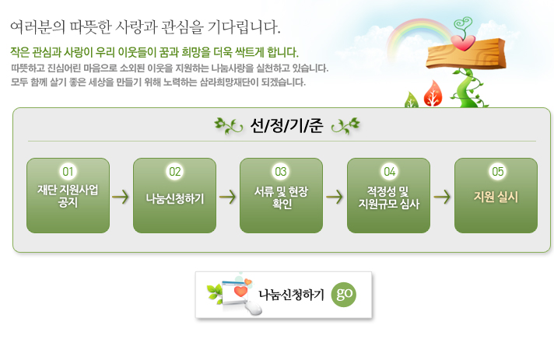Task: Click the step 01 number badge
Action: point(68,172)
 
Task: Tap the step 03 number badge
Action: point(281,172)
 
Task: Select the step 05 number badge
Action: point(497,172)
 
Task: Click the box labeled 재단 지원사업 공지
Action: point(68,195)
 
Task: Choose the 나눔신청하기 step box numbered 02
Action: point(174,195)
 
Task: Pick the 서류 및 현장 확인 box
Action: point(281,195)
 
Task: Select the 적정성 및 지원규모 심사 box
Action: point(388,195)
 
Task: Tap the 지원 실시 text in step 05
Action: point(496,197)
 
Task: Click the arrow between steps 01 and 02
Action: point(121,197)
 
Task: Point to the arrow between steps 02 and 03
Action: point(227,197)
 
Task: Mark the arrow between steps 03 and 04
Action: point(335,197)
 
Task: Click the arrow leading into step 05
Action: point(442,197)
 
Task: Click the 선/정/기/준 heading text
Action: point(286,126)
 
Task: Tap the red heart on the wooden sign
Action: point(463,42)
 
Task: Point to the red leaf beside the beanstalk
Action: point(433,93)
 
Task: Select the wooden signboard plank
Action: point(466,54)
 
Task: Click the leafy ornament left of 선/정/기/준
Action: point(229,126)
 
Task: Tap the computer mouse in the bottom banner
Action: point(254,307)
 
